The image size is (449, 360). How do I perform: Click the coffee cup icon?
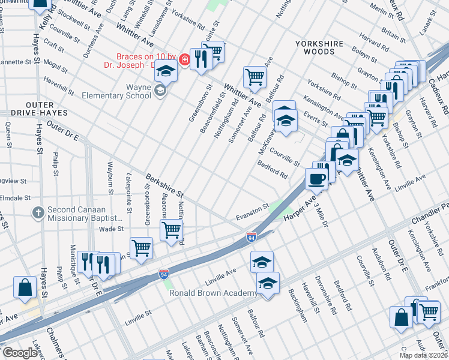(x=317, y=178)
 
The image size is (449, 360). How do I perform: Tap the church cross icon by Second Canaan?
(x=38, y=212)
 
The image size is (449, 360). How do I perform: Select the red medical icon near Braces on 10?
(x=184, y=59)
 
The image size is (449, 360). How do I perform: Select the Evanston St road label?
(x=252, y=212)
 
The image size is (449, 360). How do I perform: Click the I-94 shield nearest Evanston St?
(x=252, y=237)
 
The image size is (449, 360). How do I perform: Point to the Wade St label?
(x=110, y=229)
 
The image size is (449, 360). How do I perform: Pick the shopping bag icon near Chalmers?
(x=26, y=288)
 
